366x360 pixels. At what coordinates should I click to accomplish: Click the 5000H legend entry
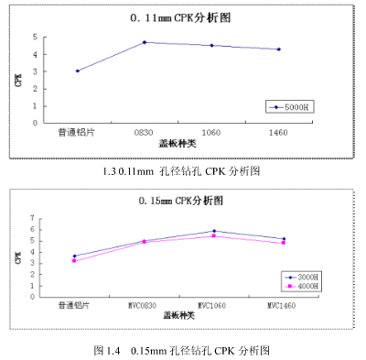tap(294, 107)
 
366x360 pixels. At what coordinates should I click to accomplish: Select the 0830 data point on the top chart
tap(145, 42)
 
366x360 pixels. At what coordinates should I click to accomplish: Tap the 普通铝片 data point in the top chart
tap(78, 71)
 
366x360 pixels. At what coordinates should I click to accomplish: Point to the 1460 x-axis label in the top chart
tap(278, 132)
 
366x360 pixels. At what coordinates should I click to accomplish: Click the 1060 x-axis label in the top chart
tap(210, 132)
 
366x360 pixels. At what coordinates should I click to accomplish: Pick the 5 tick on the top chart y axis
tap(34, 38)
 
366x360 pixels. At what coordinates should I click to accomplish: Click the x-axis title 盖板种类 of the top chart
tap(178, 144)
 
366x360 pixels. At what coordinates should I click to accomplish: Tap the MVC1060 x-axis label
tap(213, 304)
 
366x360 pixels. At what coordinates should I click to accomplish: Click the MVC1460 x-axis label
tap(284, 304)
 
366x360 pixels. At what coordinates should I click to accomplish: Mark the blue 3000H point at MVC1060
tap(214, 231)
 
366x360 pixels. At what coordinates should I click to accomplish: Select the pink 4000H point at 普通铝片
tap(75, 261)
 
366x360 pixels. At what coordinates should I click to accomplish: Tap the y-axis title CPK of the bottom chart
tap(17, 257)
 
